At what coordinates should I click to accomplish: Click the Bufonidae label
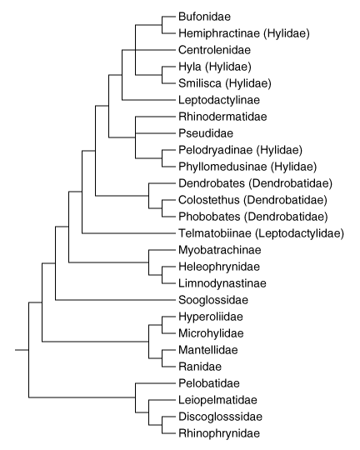coord(204,17)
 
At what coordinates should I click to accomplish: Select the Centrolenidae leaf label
coord(214,50)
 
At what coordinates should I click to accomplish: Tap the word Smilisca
coord(200,83)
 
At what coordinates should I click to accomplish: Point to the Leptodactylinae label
coord(219,100)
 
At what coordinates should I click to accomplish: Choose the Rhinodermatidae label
coord(222,117)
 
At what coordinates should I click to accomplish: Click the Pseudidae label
coord(206,133)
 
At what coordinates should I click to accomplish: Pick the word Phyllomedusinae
coord(222,167)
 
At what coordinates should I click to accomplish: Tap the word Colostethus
coord(208,200)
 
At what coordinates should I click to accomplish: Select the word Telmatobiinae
coord(215,233)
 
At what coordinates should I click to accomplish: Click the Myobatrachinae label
coord(220,250)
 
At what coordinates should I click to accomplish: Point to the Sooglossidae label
coord(213,300)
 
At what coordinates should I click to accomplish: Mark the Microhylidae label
coord(211,333)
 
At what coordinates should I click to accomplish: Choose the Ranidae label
coord(200,367)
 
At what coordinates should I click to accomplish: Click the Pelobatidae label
coord(209,383)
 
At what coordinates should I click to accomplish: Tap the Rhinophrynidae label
coord(219,433)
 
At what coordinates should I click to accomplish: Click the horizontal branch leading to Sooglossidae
coord(115,300)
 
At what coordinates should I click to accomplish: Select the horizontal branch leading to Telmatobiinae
coord(128,233)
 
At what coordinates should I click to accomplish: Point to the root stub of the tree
coord(22,350)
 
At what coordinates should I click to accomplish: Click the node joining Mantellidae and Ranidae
coord(162,358)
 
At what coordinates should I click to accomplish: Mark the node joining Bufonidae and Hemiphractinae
coord(162,25)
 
